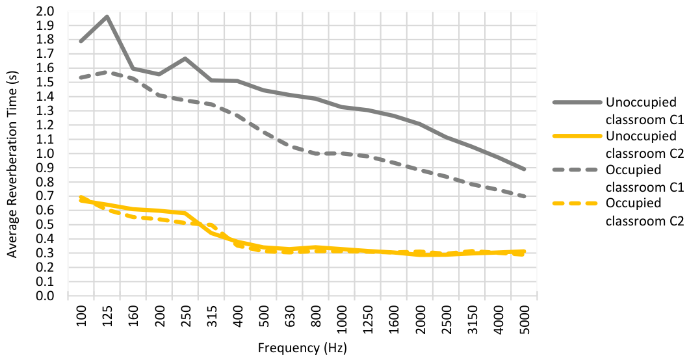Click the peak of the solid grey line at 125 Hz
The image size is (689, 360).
tap(107, 16)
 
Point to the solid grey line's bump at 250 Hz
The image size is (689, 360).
tap(185, 58)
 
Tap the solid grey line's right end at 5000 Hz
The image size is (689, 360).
tap(524, 169)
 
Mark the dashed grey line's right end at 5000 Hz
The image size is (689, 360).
tap(524, 196)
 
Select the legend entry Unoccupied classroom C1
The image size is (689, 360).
tap(618, 110)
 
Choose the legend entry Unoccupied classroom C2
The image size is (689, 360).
tap(618, 144)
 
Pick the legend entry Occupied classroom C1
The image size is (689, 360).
tap(618, 178)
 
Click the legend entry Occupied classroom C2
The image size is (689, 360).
tap(618, 212)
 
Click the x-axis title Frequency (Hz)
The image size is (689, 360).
tap(302, 348)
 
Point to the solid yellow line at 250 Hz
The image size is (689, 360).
tap(185, 213)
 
